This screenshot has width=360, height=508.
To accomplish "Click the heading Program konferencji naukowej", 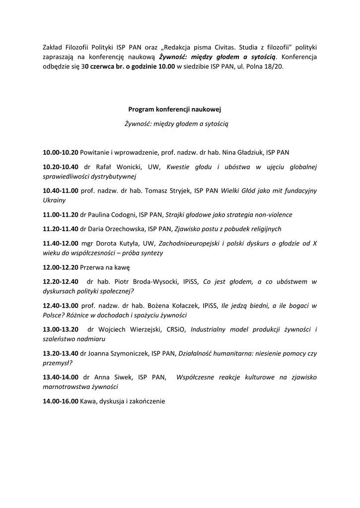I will click(178, 109).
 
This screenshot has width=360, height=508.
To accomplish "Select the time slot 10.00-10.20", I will click(61, 152).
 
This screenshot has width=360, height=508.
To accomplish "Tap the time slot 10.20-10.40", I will click(61, 167).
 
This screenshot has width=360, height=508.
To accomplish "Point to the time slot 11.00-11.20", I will click(61, 215).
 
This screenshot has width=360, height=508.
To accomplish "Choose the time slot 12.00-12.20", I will click(61, 267).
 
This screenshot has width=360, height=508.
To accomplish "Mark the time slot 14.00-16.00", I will click(61, 401).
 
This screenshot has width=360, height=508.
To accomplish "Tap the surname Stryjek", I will click(178, 191).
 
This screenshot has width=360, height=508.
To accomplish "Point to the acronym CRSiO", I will click(176, 329).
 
